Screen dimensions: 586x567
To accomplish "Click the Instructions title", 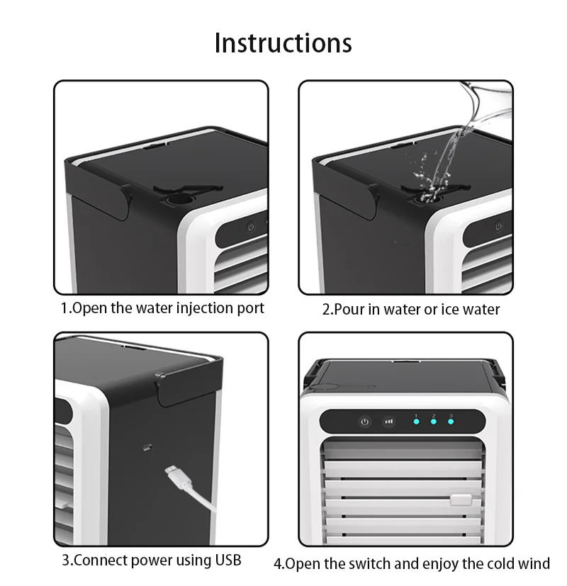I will click(x=283, y=43).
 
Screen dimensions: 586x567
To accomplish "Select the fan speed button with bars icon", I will click(x=388, y=421).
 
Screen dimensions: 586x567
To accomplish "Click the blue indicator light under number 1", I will click(x=417, y=422).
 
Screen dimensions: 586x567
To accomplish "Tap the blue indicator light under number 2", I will click(x=434, y=422).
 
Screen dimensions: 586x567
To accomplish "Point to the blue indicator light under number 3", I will click(x=451, y=422).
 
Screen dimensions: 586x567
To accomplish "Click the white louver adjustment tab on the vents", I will click(x=459, y=500).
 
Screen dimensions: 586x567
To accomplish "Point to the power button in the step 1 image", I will click(x=250, y=228).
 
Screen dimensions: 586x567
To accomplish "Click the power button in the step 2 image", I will click(x=498, y=226).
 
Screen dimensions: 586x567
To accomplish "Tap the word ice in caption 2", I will click(x=451, y=310).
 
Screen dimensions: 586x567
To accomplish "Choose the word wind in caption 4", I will click(x=534, y=564).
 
